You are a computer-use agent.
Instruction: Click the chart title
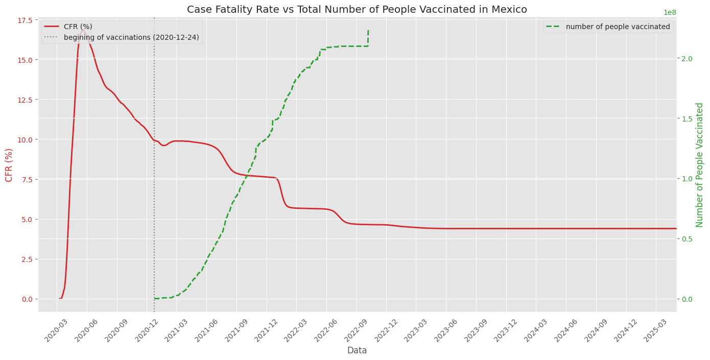click(x=357, y=9)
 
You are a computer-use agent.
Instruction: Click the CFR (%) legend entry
click(x=78, y=27)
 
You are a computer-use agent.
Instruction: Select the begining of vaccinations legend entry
click(x=131, y=37)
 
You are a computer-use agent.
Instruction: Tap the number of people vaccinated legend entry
click(x=618, y=27)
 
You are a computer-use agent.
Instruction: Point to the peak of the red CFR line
click(x=82, y=30)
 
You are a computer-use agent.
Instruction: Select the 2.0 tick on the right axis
click(x=687, y=58)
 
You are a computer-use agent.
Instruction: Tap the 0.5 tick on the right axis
click(x=687, y=239)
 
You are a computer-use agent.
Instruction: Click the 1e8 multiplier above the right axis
click(x=671, y=12)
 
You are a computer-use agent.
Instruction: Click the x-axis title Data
click(x=357, y=350)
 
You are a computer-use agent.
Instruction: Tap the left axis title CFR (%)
click(x=9, y=164)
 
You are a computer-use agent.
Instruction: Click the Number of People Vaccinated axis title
click(x=700, y=164)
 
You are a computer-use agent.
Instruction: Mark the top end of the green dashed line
click(x=368, y=30)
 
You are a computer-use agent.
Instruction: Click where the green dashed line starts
click(x=154, y=298)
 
